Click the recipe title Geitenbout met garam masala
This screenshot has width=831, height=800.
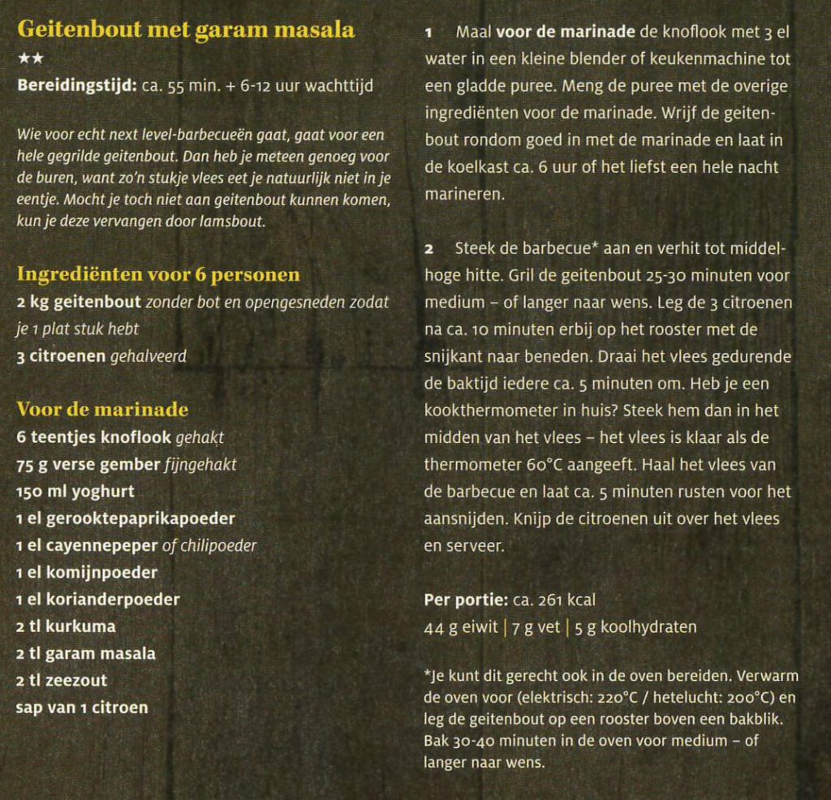186,30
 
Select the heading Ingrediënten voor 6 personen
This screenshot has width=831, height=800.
158,274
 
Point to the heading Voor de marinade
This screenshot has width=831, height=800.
102,409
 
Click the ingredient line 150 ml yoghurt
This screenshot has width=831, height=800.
75,492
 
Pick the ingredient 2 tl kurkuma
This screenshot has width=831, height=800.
66,626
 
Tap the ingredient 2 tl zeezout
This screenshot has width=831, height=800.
62,680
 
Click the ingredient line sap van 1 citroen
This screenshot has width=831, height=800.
82,708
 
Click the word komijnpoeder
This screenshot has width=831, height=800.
97,573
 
